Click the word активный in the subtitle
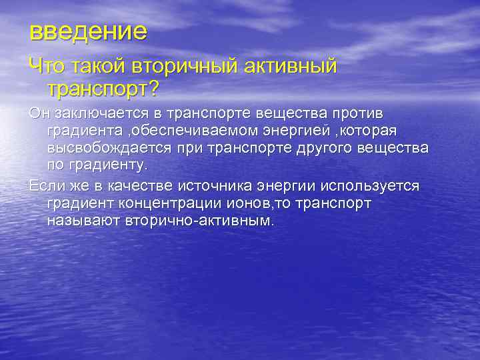click(293, 66)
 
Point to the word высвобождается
click(107, 146)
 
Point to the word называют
click(83, 221)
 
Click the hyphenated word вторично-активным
click(199, 221)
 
